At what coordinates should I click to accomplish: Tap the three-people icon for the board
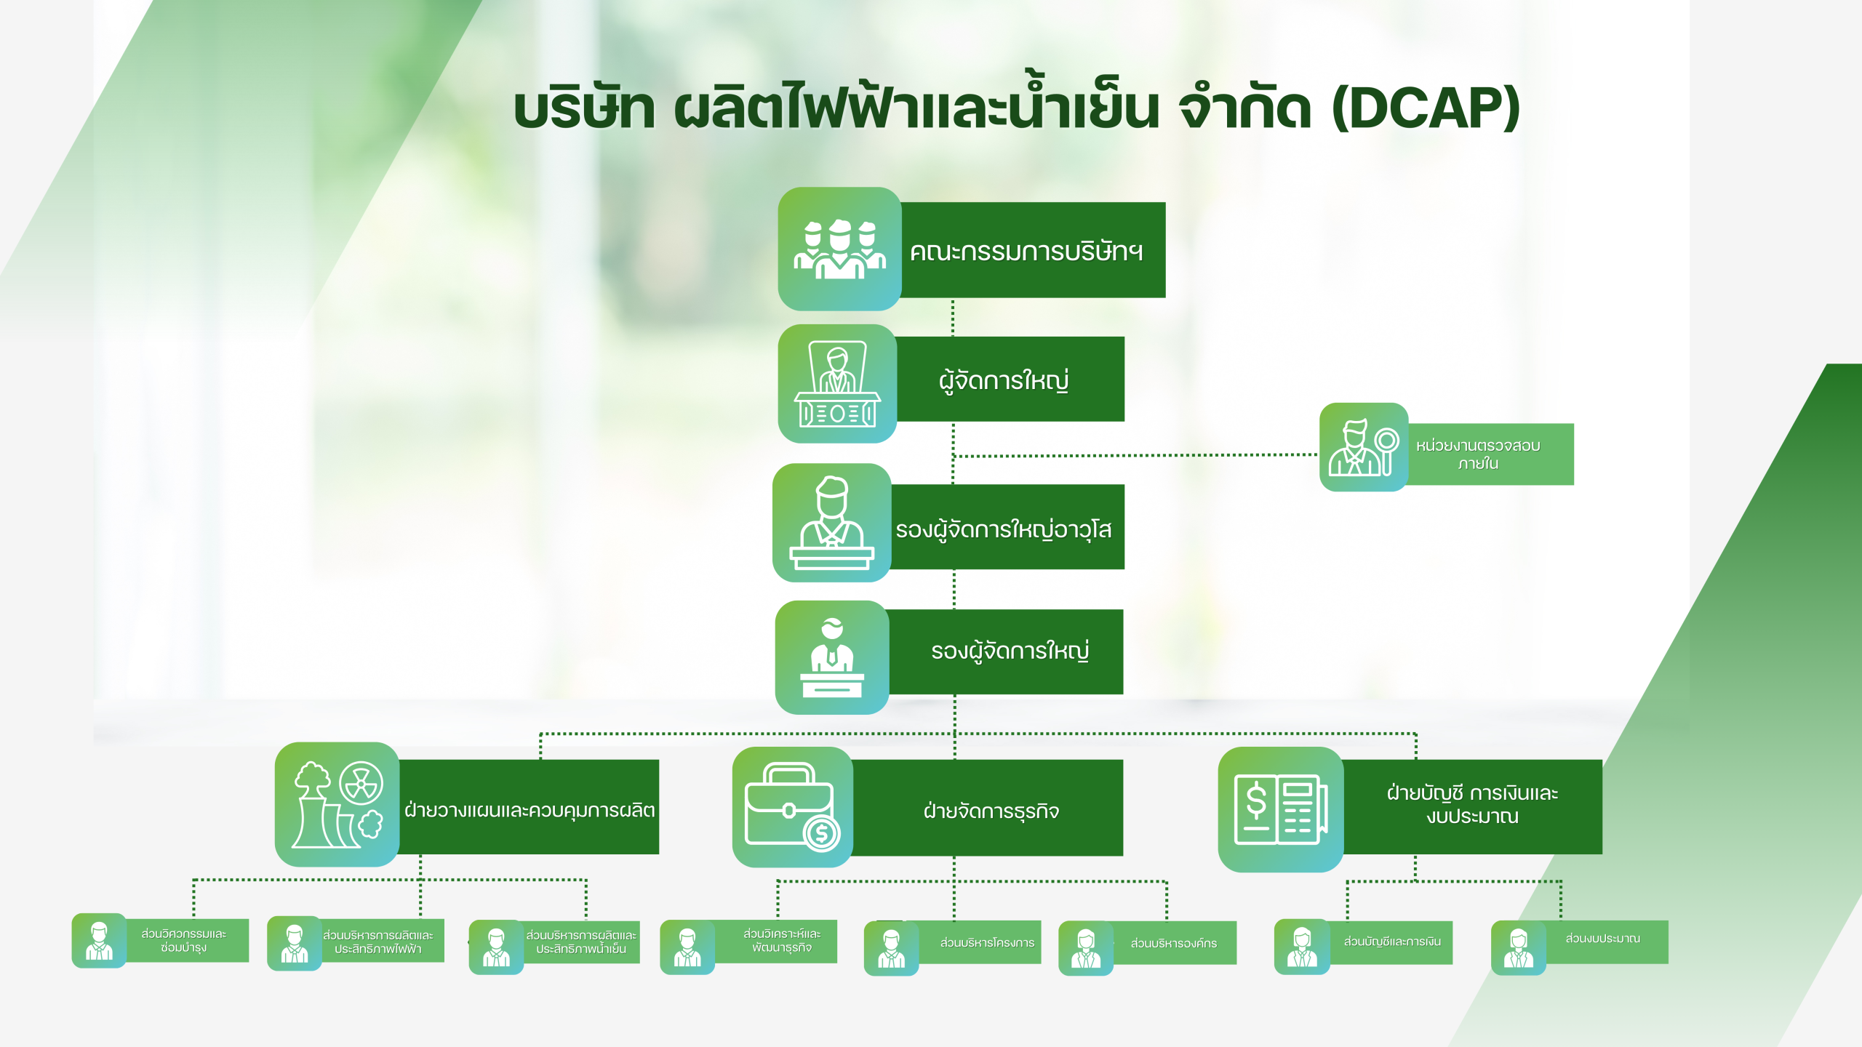[x=839, y=249]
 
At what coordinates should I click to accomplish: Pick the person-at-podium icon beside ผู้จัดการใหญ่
[x=837, y=384]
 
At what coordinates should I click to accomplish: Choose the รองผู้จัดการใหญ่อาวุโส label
[x=1004, y=529]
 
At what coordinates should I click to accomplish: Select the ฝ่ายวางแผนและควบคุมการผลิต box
[x=530, y=809]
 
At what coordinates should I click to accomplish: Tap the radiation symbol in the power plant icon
[x=361, y=783]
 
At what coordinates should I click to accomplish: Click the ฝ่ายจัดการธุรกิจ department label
[x=991, y=810]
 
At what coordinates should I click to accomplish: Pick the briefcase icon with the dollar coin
[x=792, y=807]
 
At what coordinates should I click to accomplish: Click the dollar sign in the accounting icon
[x=1256, y=803]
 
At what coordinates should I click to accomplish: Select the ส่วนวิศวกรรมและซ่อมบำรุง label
[x=185, y=941]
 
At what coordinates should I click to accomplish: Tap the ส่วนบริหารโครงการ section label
[x=986, y=943]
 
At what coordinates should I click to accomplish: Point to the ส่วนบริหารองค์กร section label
[x=1173, y=943]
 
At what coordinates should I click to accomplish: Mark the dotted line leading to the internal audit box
[x=1135, y=456]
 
